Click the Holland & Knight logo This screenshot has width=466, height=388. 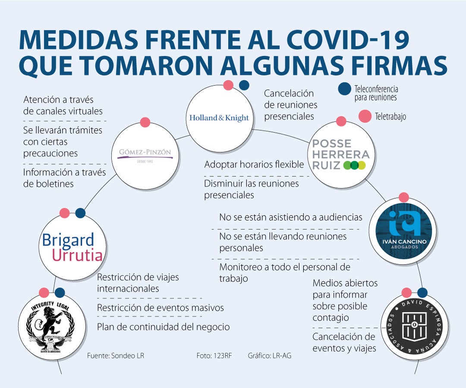[x=219, y=118]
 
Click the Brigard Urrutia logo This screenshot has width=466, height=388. [x=72, y=247]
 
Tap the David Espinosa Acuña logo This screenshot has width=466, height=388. [x=414, y=327]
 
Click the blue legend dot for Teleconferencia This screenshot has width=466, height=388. [x=345, y=89]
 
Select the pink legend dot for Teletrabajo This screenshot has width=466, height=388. [x=365, y=116]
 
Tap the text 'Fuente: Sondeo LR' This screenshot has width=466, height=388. [x=116, y=356]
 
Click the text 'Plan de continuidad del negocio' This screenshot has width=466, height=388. [x=163, y=327]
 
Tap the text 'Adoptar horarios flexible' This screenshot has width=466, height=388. [x=254, y=164]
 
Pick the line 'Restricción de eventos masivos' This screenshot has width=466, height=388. [x=161, y=308]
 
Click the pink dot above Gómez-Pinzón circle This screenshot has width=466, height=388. [x=145, y=122]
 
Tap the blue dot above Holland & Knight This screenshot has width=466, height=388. [x=244, y=85]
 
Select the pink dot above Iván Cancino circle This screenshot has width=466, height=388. [x=404, y=197]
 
